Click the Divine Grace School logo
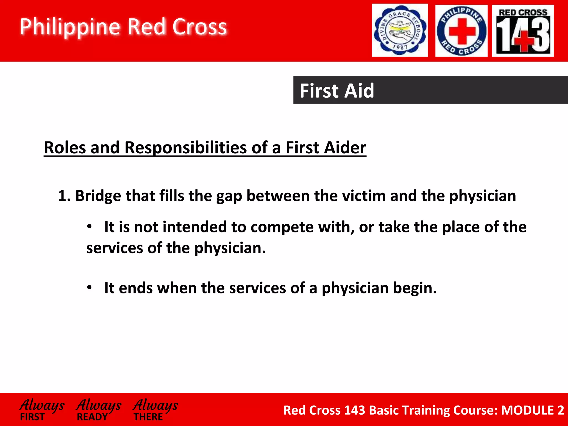tap(400, 30)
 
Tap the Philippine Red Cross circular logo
tap(461, 31)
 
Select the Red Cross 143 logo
tap(523, 31)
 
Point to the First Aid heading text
tap(337, 91)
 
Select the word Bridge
tap(98, 196)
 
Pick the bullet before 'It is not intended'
tap(89, 227)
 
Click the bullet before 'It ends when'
tap(89, 288)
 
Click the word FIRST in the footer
tap(32, 417)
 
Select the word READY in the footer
tap(92, 417)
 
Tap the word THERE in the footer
tap(148, 417)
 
